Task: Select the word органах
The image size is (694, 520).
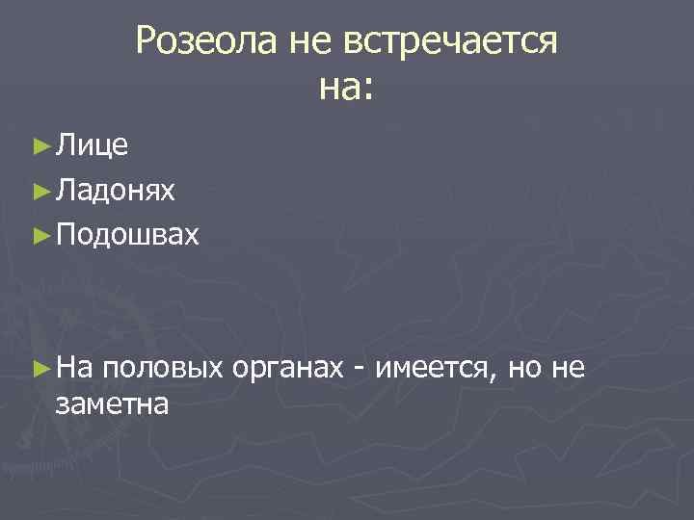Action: click(x=289, y=367)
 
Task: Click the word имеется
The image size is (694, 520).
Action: click(x=435, y=367)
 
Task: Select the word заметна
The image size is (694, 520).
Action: click(x=113, y=403)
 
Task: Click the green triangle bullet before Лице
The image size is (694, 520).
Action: click(x=40, y=146)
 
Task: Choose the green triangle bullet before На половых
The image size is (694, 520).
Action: click(x=40, y=367)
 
